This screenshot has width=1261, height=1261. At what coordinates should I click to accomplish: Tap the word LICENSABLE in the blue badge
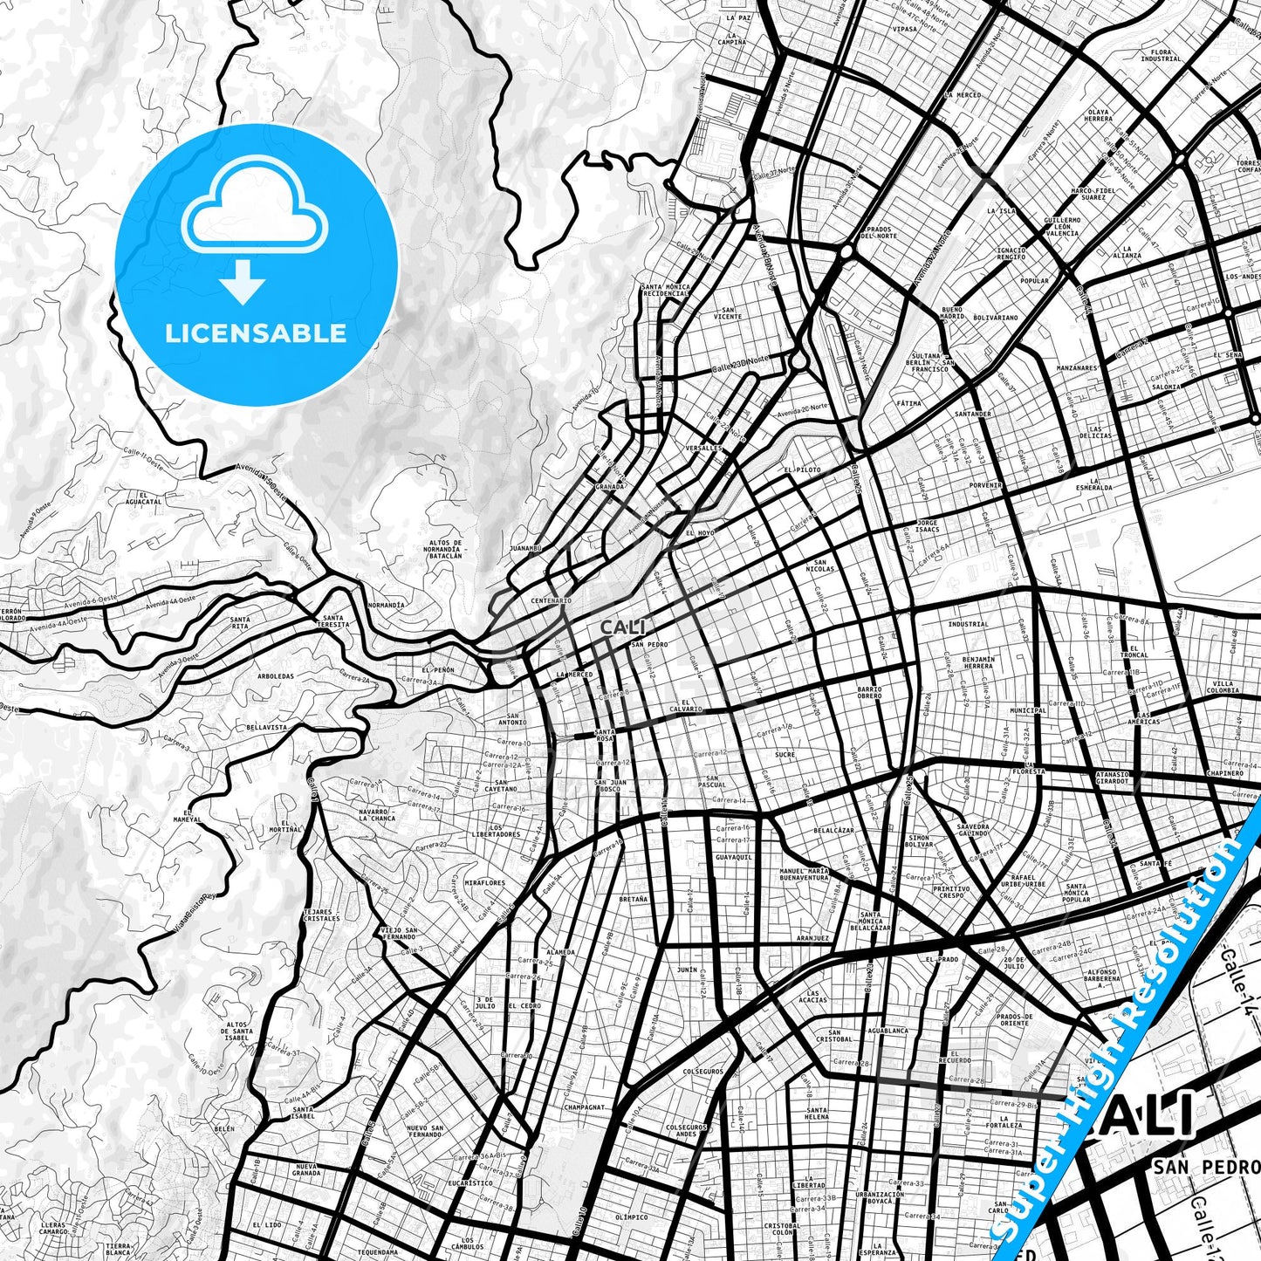(256, 333)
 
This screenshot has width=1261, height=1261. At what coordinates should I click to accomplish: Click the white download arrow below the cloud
(243, 284)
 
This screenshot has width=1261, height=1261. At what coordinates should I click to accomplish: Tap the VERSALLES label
(704, 449)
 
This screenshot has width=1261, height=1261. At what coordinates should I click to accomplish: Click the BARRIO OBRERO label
(869, 693)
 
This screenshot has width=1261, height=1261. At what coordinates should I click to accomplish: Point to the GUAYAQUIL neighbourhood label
(733, 858)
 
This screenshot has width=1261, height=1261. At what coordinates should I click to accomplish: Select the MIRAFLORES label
(485, 883)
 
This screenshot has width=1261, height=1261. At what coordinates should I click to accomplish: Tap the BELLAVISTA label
(267, 726)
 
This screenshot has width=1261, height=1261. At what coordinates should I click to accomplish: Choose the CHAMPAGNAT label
(584, 1107)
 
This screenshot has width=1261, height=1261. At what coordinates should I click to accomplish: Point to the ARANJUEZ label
(812, 938)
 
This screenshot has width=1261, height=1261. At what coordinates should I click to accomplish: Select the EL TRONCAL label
(1134, 652)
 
